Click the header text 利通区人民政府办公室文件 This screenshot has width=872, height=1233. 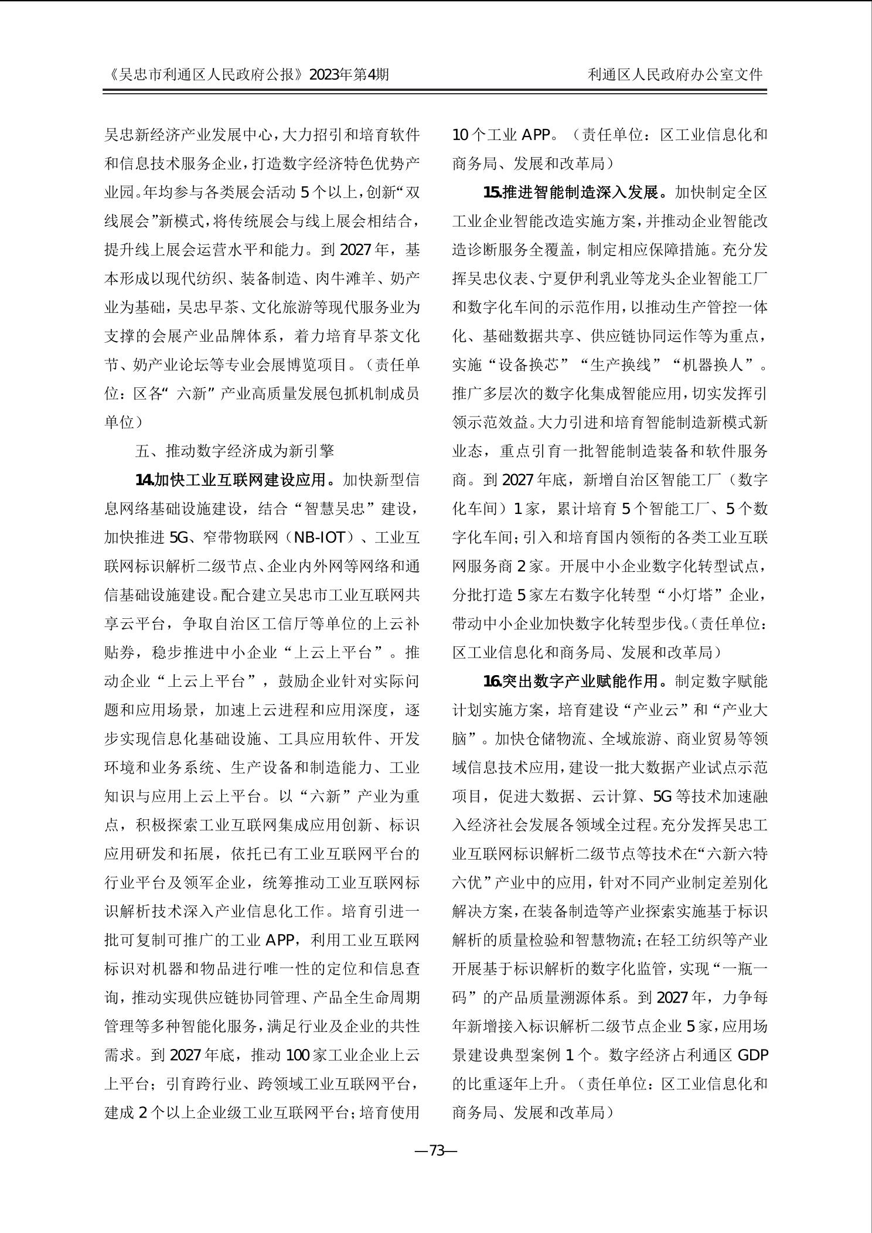coord(675,74)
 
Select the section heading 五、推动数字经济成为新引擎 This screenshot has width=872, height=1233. coord(234,451)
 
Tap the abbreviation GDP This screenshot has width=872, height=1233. coord(752,1055)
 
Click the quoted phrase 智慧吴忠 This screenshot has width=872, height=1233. coord(341,509)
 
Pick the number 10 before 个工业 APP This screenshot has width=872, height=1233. coord(461,135)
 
